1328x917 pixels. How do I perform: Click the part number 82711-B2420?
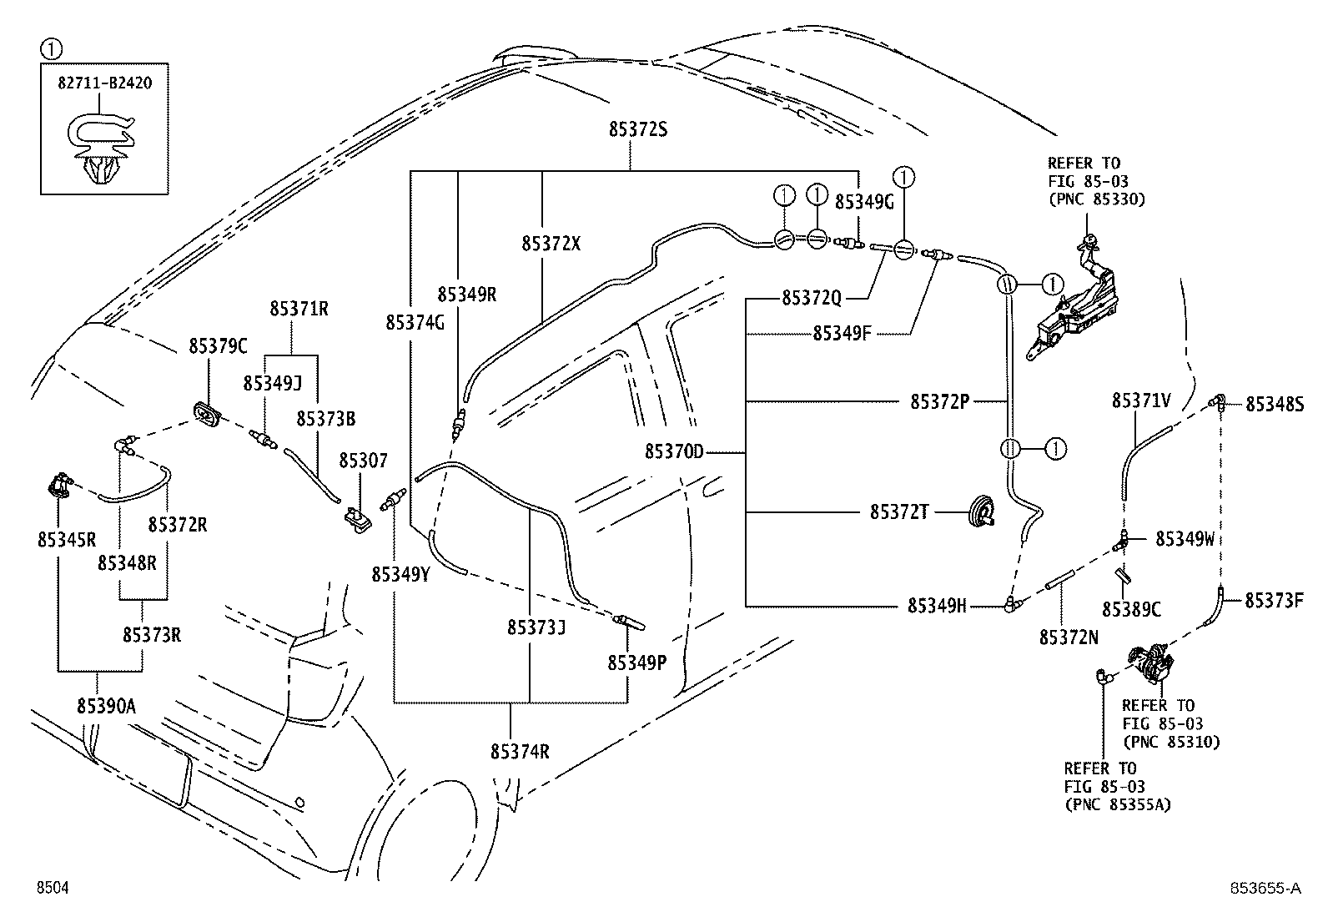[104, 83]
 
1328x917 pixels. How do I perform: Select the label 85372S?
[638, 129]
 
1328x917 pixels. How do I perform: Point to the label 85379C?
[219, 345]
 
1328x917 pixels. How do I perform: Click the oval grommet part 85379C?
[208, 413]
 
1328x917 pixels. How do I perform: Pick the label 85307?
[363, 461]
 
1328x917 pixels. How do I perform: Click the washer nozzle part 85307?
[358, 520]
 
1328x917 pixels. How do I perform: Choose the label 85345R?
[67, 540]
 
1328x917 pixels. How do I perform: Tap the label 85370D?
[674, 452]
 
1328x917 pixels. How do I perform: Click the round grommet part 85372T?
[980, 511]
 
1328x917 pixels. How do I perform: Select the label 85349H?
[937, 606]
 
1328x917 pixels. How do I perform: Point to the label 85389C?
[1131, 609]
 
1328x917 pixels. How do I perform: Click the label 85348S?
[1275, 405]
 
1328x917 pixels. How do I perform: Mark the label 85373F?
[1274, 601]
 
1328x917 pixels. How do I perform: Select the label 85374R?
[520, 752]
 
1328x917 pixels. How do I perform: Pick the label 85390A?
[107, 707]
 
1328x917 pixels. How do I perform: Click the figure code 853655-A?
[1265, 888]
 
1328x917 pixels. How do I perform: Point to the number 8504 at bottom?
[53, 888]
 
